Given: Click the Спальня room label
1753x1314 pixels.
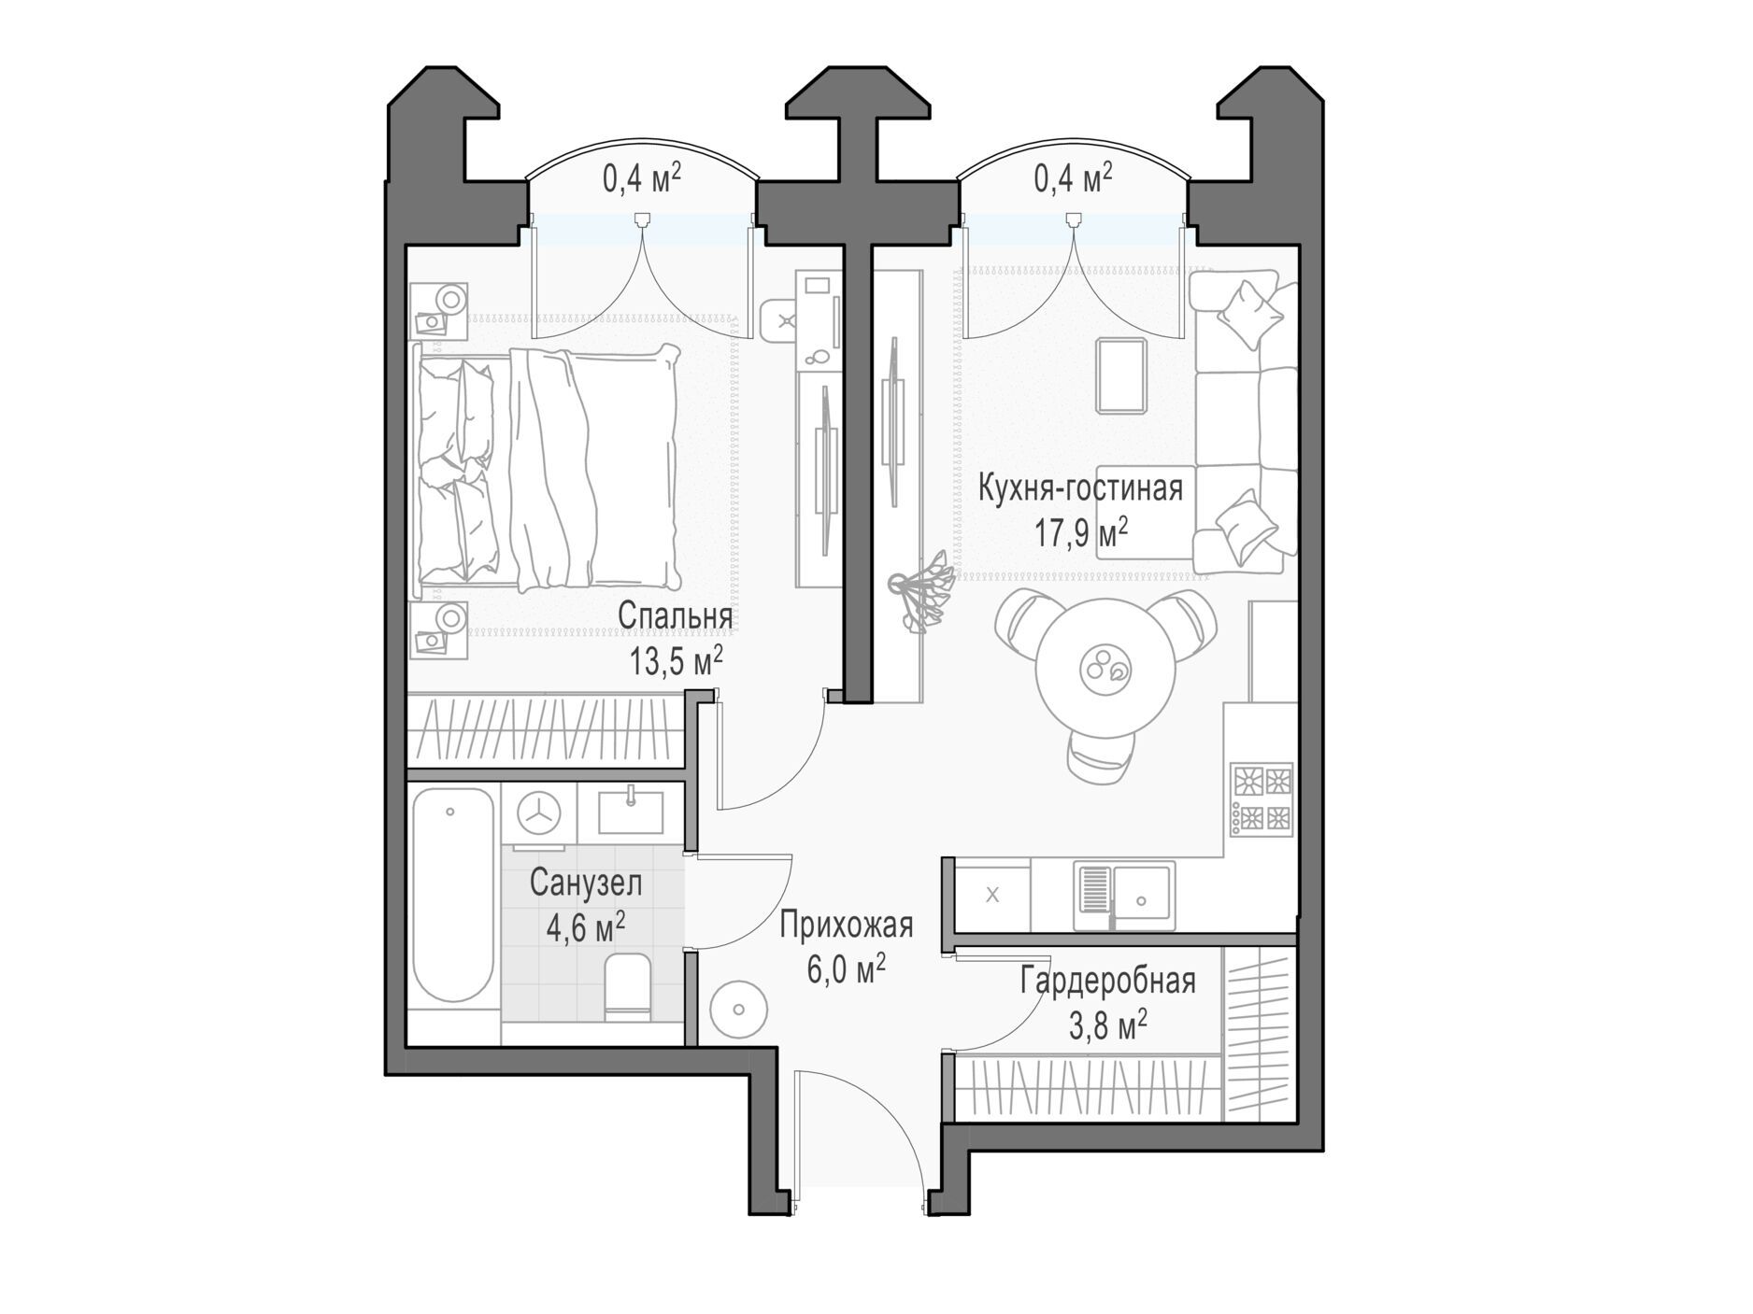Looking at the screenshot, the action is click(675, 617).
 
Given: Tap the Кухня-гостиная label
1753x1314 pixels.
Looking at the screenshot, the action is click(1080, 487).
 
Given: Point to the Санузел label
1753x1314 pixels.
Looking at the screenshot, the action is click(586, 883).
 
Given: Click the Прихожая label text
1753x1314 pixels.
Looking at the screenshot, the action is click(846, 925).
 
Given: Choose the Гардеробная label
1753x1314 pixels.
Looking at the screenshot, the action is click(1107, 982).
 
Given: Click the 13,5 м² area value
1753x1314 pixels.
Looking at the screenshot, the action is click(676, 662).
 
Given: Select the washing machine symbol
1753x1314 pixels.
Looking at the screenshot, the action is click(538, 813).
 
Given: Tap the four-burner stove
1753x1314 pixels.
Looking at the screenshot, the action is click(1261, 798).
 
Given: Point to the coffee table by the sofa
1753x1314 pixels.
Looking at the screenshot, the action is click(1120, 375).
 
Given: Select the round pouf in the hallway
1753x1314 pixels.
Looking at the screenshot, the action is click(739, 1010).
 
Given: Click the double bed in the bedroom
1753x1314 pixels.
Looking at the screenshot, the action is click(547, 467).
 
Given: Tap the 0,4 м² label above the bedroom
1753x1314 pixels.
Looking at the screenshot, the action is click(641, 177).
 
